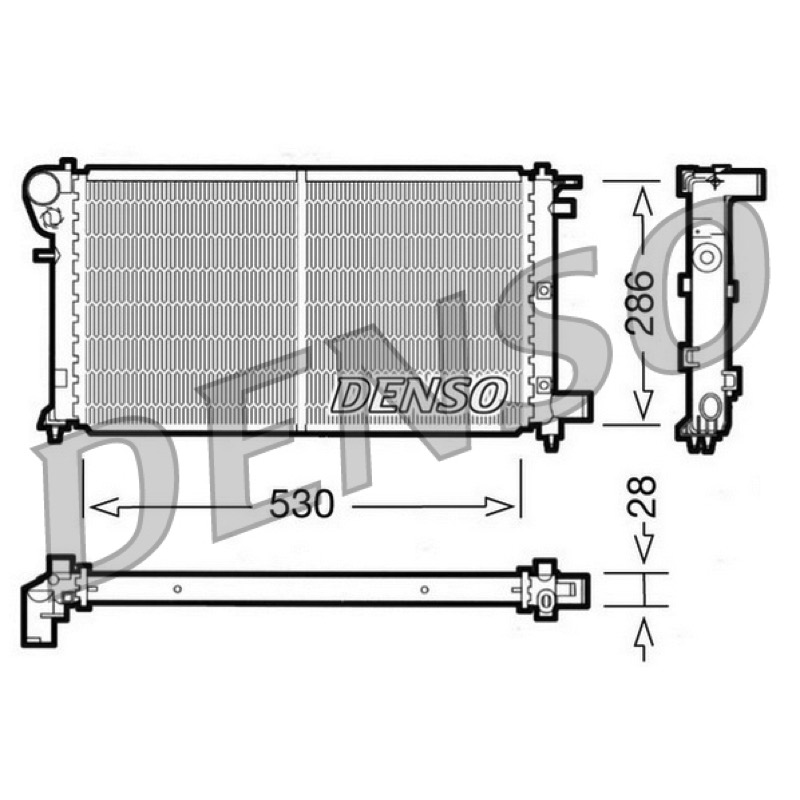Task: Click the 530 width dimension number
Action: pyautogui.click(x=301, y=503)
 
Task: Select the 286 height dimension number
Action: pyautogui.click(x=640, y=303)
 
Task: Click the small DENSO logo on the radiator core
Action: pyautogui.click(x=418, y=395)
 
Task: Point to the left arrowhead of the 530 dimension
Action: pyautogui.click(x=104, y=507)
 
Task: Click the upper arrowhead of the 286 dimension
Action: pyautogui.click(x=644, y=201)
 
